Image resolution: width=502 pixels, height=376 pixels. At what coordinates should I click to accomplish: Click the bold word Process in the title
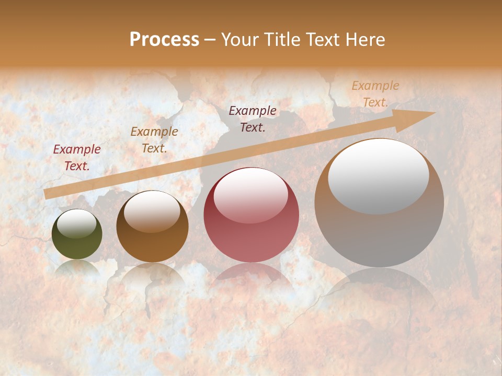coord(164,40)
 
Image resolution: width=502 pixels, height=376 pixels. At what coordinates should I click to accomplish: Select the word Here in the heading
coord(365,40)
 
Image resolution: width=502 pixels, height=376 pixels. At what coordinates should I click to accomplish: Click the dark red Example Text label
coord(77,158)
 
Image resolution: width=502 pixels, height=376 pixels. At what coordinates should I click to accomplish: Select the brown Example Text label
coord(154,140)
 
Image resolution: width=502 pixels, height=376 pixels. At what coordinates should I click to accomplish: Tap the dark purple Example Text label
coord(253,119)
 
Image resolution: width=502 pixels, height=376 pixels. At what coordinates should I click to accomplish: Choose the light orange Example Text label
coord(375,94)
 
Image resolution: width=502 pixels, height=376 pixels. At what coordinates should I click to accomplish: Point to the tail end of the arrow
coord(48,194)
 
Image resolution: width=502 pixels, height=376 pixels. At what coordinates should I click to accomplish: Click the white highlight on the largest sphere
coord(378,177)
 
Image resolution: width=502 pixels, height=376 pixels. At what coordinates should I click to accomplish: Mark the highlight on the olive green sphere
coord(76,224)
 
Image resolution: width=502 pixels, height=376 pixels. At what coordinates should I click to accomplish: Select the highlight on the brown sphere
coord(152,211)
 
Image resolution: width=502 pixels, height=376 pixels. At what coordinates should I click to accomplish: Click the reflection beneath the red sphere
coord(251,277)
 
